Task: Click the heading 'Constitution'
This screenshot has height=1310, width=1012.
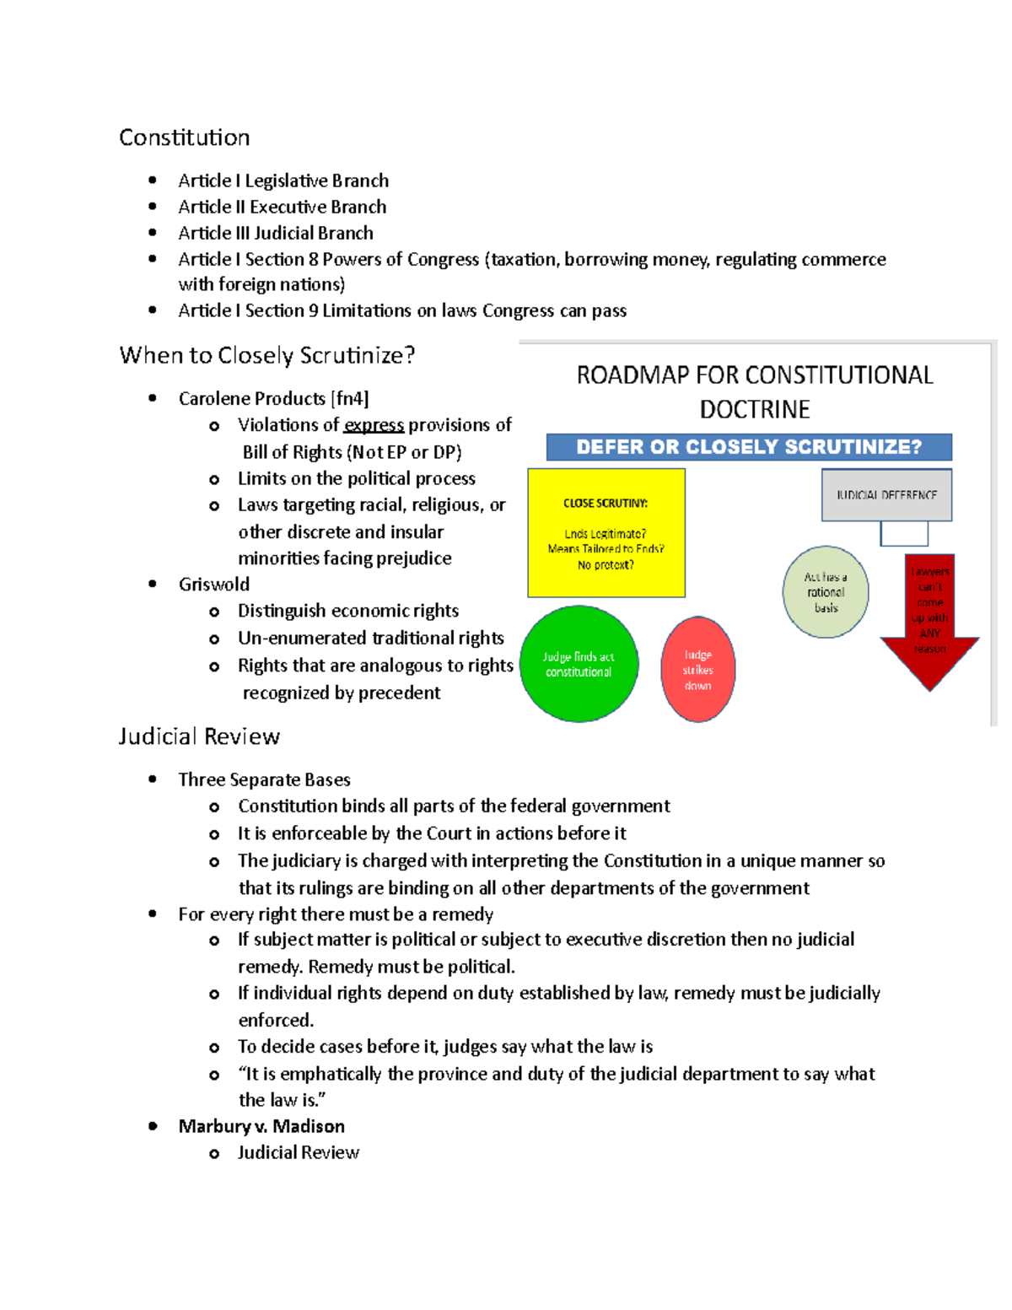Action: click(x=184, y=137)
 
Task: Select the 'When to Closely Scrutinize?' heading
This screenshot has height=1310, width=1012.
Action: click(x=267, y=355)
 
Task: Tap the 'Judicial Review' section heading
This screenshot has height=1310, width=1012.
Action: click(x=199, y=736)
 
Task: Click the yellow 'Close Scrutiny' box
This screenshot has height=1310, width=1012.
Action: click(x=606, y=533)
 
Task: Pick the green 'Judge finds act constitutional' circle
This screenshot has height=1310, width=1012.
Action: click(x=579, y=664)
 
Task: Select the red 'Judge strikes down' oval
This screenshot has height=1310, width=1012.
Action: click(x=697, y=670)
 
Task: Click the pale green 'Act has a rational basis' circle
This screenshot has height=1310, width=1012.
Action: click(x=826, y=592)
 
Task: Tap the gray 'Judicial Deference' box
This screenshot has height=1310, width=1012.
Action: click(x=886, y=495)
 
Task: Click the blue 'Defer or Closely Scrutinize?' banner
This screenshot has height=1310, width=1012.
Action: click(x=749, y=447)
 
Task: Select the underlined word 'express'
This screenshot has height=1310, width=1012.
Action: click(x=374, y=425)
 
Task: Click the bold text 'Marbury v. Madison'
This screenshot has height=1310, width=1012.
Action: click(x=261, y=1126)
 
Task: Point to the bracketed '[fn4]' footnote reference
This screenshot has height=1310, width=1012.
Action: click(x=350, y=398)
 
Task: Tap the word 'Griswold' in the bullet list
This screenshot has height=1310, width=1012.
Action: click(x=214, y=585)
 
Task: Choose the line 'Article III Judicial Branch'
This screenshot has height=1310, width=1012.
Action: click(x=276, y=233)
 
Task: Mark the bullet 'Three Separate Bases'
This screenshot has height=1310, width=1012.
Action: click(x=264, y=779)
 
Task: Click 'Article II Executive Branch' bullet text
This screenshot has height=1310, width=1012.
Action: click(x=283, y=207)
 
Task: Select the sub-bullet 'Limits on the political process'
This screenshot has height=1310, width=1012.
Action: click(x=357, y=478)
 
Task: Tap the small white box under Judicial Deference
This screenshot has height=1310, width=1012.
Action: click(x=904, y=533)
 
